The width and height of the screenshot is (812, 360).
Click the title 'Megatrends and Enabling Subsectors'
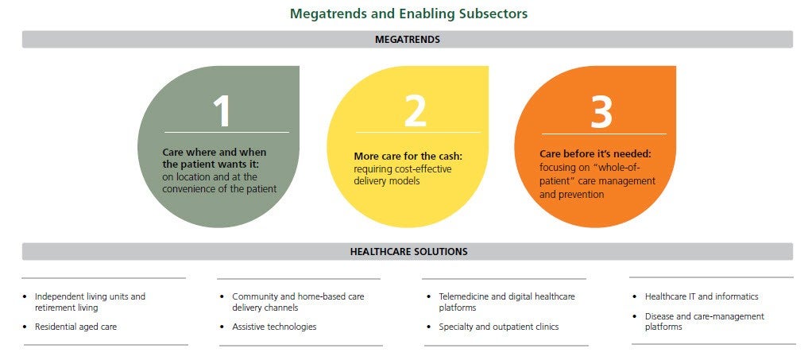point(408,14)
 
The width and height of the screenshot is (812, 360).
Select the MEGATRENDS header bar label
point(408,40)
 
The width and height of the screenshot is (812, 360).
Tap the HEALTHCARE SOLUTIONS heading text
point(408,252)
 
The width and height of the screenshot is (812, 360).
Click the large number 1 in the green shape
point(222,110)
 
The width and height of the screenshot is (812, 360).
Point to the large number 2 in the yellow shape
point(415,110)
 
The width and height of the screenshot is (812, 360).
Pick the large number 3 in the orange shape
point(601,110)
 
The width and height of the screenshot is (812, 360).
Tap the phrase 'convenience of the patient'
point(219,189)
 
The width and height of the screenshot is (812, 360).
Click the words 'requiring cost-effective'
point(402,168)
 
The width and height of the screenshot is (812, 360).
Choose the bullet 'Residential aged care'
point(75,327)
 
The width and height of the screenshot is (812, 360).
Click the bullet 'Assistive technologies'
point(274,327)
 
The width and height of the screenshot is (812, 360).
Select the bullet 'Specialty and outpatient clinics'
point(499,327)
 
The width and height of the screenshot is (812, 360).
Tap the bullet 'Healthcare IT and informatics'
point(702,296)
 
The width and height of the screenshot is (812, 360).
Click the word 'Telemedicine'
point(462,296)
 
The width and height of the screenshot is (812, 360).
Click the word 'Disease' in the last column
point(659,316)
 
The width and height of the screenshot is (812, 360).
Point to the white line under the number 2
point(418,133)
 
